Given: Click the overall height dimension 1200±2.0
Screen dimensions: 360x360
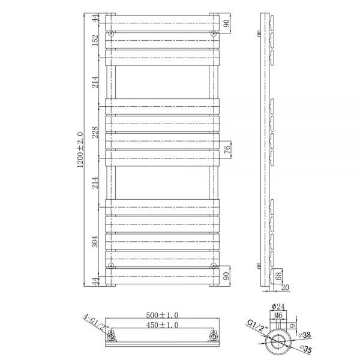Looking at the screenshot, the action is tap(80, 149).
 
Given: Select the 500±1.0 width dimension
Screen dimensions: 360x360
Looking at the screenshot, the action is tap(162, 315).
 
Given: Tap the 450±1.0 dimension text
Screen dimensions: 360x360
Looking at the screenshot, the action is tap(162, 325).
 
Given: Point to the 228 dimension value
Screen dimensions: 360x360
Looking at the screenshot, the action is tap(95, 132).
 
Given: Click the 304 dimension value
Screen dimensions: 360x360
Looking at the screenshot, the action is tap(95, 242).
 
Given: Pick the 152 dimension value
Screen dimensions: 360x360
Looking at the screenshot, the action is tap(95, 40).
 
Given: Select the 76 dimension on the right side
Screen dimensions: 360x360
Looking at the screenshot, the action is tap(227, 149).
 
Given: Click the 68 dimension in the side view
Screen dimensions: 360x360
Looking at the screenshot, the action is tap(278, 276).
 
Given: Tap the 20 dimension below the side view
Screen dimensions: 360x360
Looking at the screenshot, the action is tap(285, 287).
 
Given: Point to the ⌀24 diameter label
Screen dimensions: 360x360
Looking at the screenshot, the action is tap(278, 307).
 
